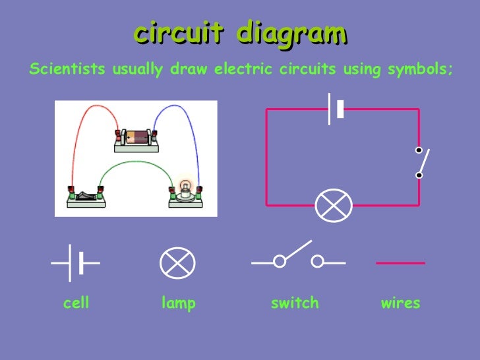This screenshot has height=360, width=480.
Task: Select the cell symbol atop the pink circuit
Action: coord(336,109)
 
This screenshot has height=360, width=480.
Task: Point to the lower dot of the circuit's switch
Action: coord(419,175)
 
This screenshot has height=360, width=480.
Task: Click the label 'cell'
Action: coord(76,303)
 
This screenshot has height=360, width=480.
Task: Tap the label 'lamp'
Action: coord(179,303)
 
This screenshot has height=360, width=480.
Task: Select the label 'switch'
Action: coord(295,303)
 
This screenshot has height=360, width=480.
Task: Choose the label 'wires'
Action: coord(400,303)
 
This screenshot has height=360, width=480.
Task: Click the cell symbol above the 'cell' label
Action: coord(76,263)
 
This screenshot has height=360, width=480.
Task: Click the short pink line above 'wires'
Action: coord(400,263)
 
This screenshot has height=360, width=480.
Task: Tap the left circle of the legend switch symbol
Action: coord(280,262)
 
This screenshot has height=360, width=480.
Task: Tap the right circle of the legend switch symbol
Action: coord(318,262)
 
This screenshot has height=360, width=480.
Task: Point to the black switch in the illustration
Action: coord(86,195)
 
